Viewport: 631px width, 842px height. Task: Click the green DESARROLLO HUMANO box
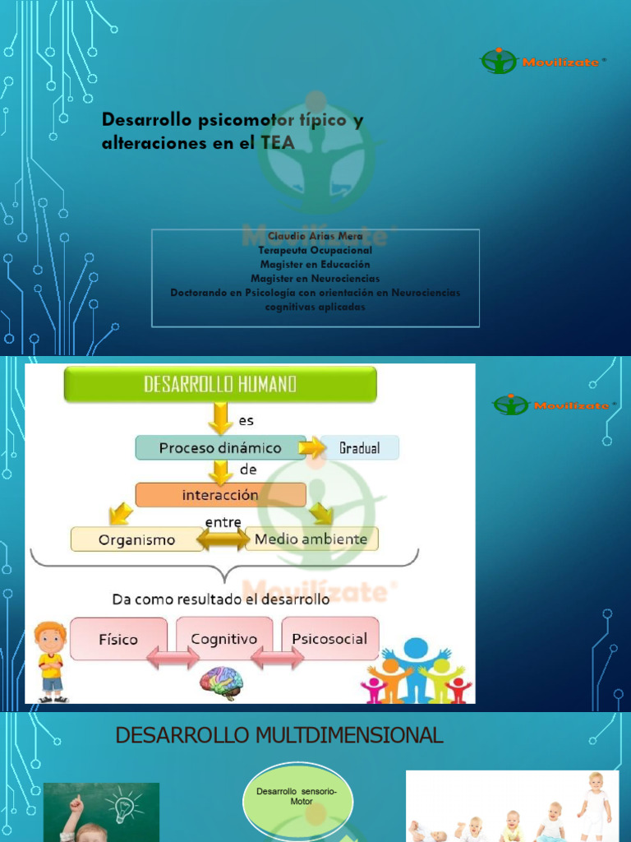220,384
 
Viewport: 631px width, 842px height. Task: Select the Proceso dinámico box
220,448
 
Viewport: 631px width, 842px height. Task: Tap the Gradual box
360,448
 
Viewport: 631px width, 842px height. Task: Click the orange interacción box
220,495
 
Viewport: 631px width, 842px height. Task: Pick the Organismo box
136,539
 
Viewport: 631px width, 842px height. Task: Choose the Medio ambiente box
311,539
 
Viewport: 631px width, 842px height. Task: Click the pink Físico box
119,639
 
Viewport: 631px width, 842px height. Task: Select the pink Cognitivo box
224,639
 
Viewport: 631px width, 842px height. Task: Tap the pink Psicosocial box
330,639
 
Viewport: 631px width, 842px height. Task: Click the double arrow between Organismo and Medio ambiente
222,540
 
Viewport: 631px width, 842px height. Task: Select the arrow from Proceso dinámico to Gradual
312,448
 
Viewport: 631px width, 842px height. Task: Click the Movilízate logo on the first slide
543,61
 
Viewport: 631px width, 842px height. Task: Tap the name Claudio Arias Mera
315,237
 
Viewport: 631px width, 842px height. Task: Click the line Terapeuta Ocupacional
315,250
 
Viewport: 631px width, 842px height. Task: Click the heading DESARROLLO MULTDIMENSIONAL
279,735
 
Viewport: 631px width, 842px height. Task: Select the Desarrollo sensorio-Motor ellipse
297,796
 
